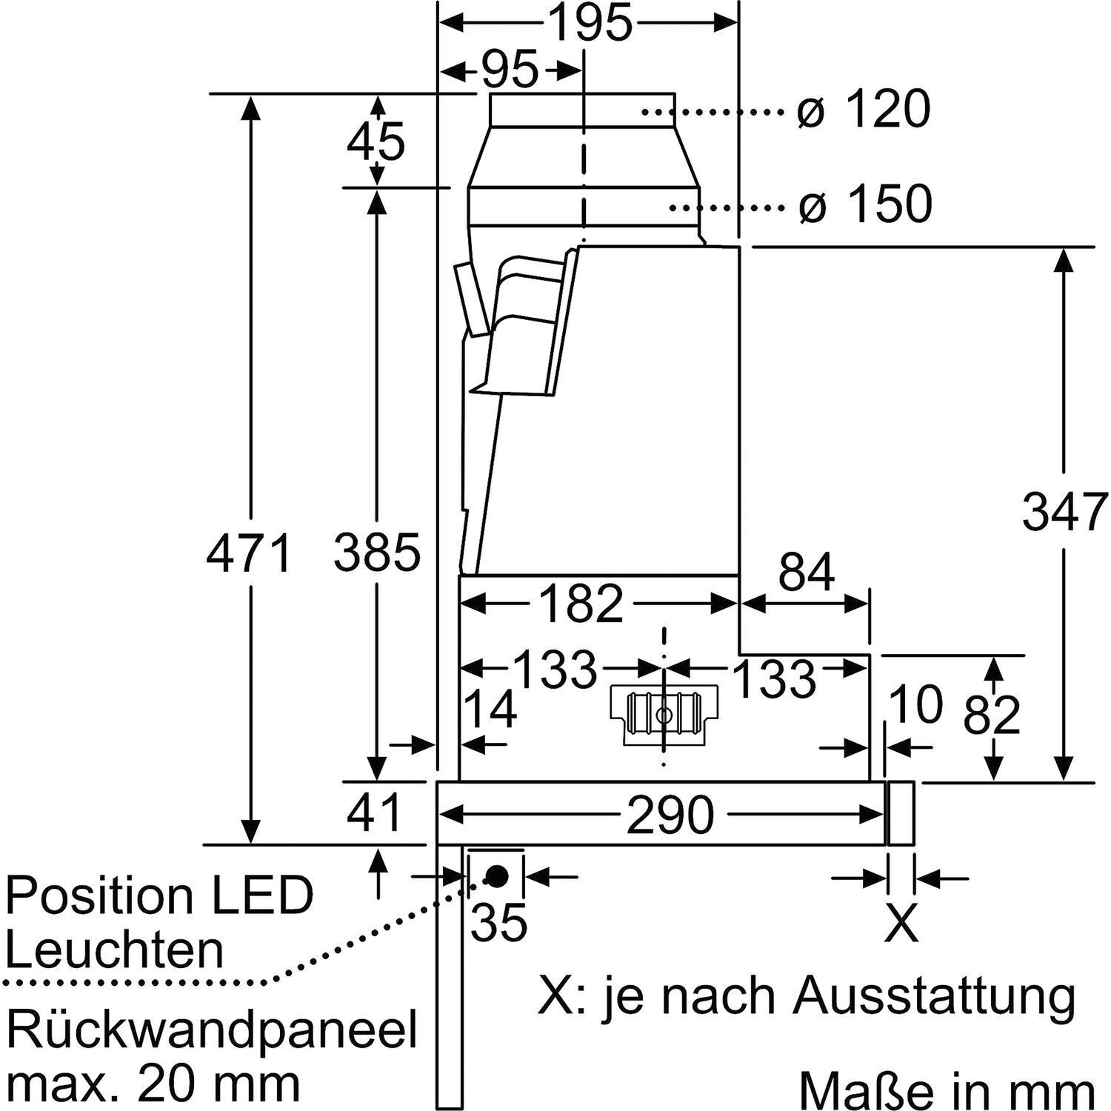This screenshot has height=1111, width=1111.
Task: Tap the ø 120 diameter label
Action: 864,110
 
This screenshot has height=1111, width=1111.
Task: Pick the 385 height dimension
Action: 377,553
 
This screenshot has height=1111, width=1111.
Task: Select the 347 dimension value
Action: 1064,512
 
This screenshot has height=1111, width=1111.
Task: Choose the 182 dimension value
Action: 582,604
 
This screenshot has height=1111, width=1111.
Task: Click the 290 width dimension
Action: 670,815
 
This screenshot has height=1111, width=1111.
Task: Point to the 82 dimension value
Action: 992,715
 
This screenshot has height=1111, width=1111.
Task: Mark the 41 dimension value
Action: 375,812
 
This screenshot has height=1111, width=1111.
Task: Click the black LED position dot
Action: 496,876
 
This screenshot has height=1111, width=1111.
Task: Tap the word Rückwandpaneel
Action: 211,1030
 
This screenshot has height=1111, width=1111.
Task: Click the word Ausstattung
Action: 934,997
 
